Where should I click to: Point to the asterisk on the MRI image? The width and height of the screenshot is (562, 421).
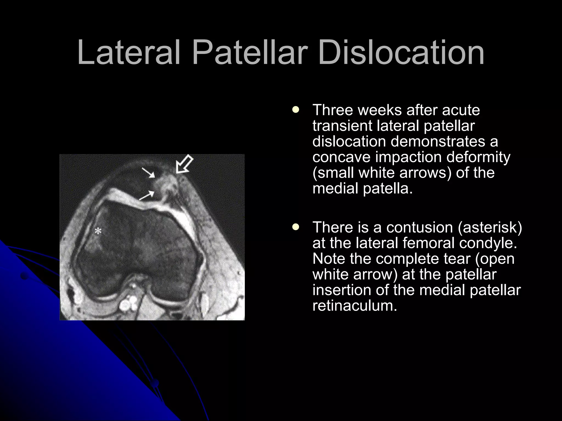click(98, 232)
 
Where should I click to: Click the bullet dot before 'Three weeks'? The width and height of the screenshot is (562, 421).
click(296, 110)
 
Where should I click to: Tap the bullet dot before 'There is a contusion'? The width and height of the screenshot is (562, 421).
click(296, 227)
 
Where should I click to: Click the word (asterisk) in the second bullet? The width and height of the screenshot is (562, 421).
click(490, 227)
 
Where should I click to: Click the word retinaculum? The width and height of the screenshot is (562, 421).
click(355, 306)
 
